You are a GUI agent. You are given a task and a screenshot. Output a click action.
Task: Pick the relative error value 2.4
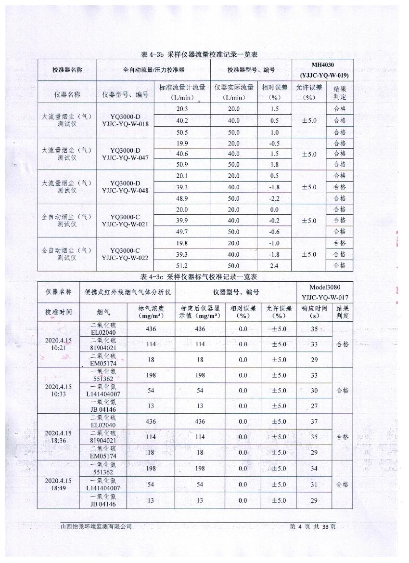[274, 265]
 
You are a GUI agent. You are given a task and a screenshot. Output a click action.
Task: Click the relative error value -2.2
[274, 198]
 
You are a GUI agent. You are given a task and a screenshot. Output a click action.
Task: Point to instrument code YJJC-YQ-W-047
[125, 157]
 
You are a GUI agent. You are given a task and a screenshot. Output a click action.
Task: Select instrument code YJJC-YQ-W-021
[125, 224]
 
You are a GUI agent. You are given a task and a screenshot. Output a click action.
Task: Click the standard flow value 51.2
[182, 265]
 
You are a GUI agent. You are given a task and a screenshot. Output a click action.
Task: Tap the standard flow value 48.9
[182, 198]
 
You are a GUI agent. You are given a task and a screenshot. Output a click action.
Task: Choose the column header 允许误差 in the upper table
[309, 92]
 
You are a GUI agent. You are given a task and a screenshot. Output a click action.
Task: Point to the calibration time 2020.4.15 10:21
[58, 344]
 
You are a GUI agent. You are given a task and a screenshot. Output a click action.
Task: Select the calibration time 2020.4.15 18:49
[58, 484]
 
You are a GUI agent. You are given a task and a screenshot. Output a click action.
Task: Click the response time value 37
[314, 421]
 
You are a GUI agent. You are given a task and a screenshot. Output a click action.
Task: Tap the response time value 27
[314, 406]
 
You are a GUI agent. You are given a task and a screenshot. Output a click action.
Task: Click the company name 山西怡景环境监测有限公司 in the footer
[96, 527]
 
